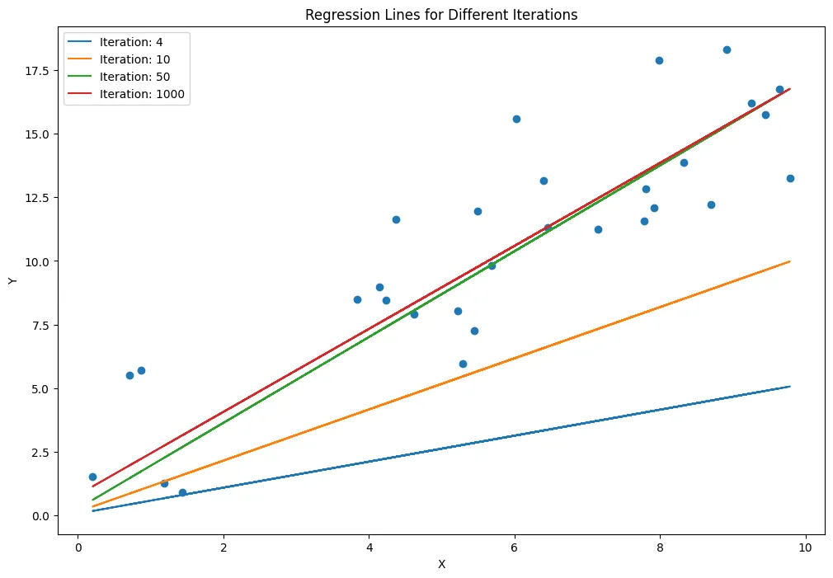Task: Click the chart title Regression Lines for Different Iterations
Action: (441, 14)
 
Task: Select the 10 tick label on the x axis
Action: (805, 547)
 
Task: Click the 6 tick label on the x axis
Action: (514, 547)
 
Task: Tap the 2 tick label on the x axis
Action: (224, 547)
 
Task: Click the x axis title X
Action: (441, 565)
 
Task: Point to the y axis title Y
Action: (12, 281)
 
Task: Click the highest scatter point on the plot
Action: (727, 49)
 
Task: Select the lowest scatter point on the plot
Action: (182, 492)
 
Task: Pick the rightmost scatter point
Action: (790, 178)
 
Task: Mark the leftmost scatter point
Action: (92, 477)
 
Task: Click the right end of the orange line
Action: (790, 261)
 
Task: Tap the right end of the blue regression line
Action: (790, 386)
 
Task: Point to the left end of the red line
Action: (92, 486)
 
